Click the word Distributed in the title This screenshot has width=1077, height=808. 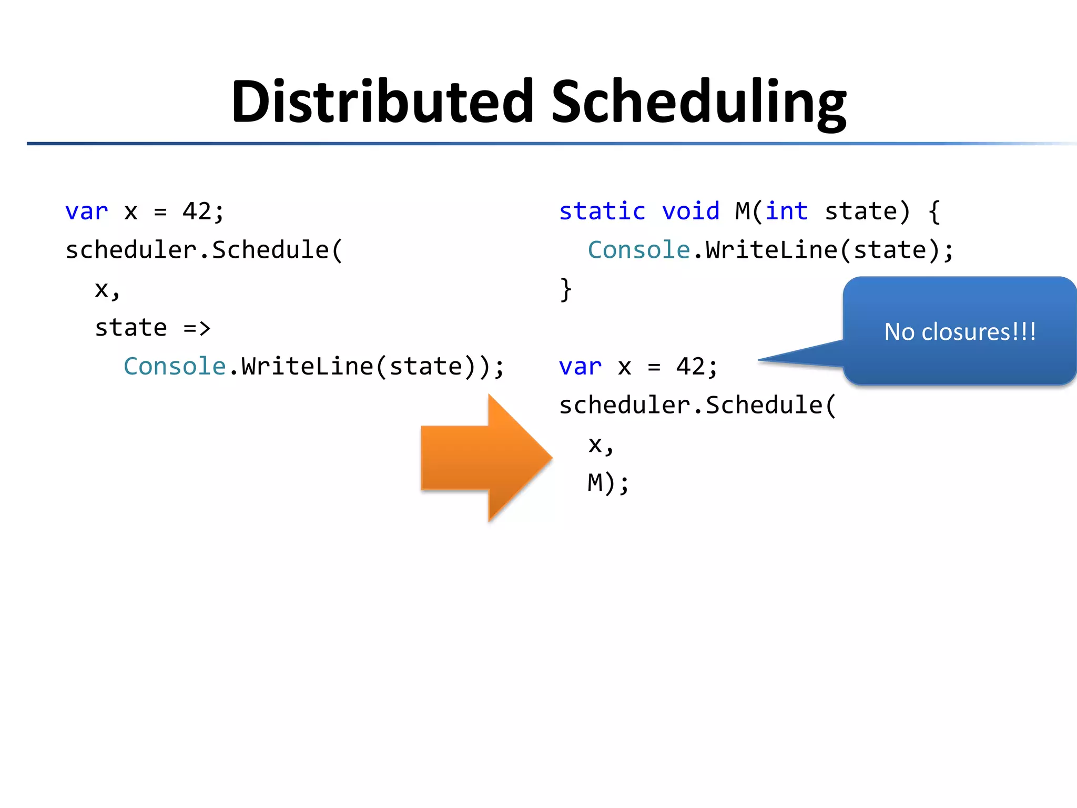pyautogui.click(x=382, y=101)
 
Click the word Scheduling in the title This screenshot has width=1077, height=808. pyautogui.click(x=698, y=103)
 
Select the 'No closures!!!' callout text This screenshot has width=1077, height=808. pyautogui.click(x=960, y=332)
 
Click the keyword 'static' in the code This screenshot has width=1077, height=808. pyautogui.click(x=602, y=211)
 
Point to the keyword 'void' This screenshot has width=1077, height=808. pyautogui.click(x=690, y=211)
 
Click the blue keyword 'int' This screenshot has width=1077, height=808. pyautogui.click(x=787, y=211)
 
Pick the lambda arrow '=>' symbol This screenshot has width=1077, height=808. pyautogui.click(x=197, y=328)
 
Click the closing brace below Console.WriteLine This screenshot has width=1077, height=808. pyautogui.click(x=566, y=289)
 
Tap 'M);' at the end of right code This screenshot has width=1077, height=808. pyautogui.click(x=608, y=483)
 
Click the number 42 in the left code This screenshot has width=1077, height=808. pyautogui.click(x=197, y=211)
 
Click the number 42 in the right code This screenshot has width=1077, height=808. pyautogui.click(x=690, y=367)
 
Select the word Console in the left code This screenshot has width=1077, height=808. pyautogui.click(x=175, y=367)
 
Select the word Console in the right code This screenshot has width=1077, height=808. pyautogui.click(x=639, y=250)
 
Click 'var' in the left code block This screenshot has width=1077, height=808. pyautogui.click(x=86, y=211)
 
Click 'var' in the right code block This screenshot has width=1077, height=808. pyautogui.click(x=580, y=367)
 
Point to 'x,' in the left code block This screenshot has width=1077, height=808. pyautogui.click(x=107, y=290)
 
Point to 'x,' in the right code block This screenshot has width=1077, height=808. pyautogui.click(x=601, y=445)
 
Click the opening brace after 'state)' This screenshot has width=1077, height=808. pyautogui.click(x=934, y=211)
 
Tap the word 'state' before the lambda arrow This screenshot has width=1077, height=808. pyautogui.click(x=131, y=328)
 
